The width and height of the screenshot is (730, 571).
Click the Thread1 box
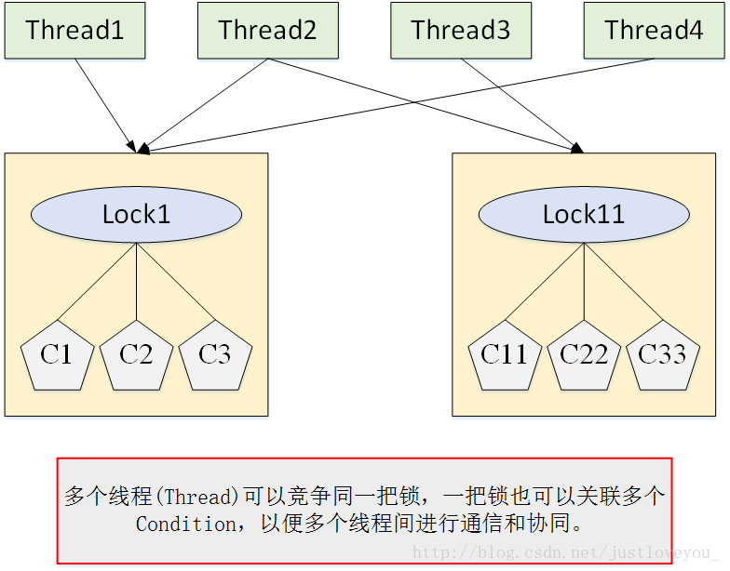[x=74, y=31]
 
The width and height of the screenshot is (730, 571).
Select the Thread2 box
[x=267, y=31]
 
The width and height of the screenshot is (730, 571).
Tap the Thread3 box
[x=461, y=31]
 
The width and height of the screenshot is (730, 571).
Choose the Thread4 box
[x=654, y=31]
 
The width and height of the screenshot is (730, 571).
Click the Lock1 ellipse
[x=137, y=215]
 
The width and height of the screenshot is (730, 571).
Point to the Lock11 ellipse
[x=584, y=215]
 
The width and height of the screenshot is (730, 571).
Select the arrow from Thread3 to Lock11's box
[x=521, y=104]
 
